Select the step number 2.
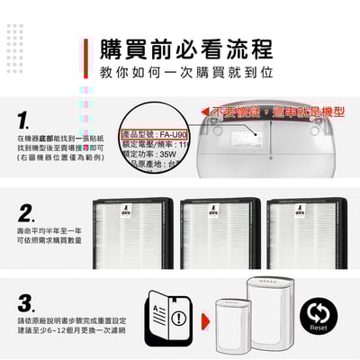26,215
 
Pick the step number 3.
26,303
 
